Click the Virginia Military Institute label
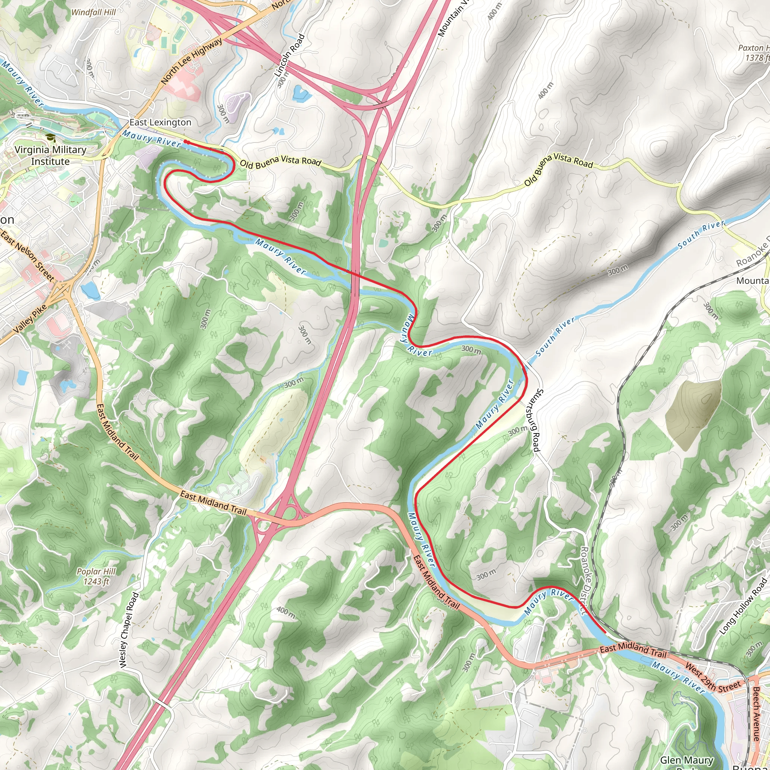[50, 155]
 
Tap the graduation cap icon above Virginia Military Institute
[50, 138]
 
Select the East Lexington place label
[160, 122]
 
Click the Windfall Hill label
[93, 12]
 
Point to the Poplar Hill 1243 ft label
[97, 576]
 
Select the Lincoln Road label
[290, 55]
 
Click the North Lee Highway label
[192, 61]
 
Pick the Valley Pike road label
[30, 318]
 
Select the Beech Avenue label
[756, 713]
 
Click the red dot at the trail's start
[185, 141]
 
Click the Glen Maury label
[686, 760]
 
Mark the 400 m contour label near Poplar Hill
[286, 612]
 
